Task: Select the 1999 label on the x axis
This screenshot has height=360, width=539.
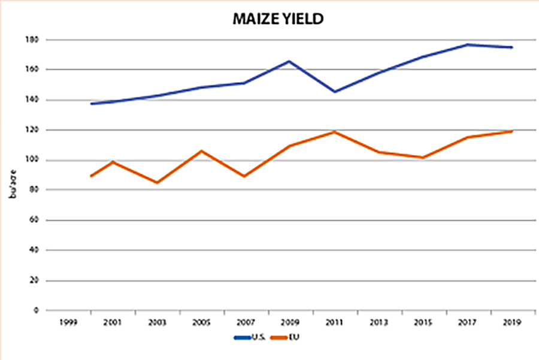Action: tap(68, 322)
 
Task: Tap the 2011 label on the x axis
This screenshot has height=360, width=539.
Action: tap(335, 322)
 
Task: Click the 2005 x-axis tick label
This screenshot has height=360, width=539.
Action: tap(201, 322)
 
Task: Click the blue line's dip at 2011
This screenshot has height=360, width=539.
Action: tap(335, 92)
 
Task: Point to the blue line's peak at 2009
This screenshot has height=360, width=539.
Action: tap(290, 61)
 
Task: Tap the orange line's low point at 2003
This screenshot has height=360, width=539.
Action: tap(157, 183)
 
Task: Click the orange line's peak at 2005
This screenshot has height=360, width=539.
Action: tap(202, 151)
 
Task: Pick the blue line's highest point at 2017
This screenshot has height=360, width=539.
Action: tap(468, 44)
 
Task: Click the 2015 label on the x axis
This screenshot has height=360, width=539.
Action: tap(423, 322)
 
